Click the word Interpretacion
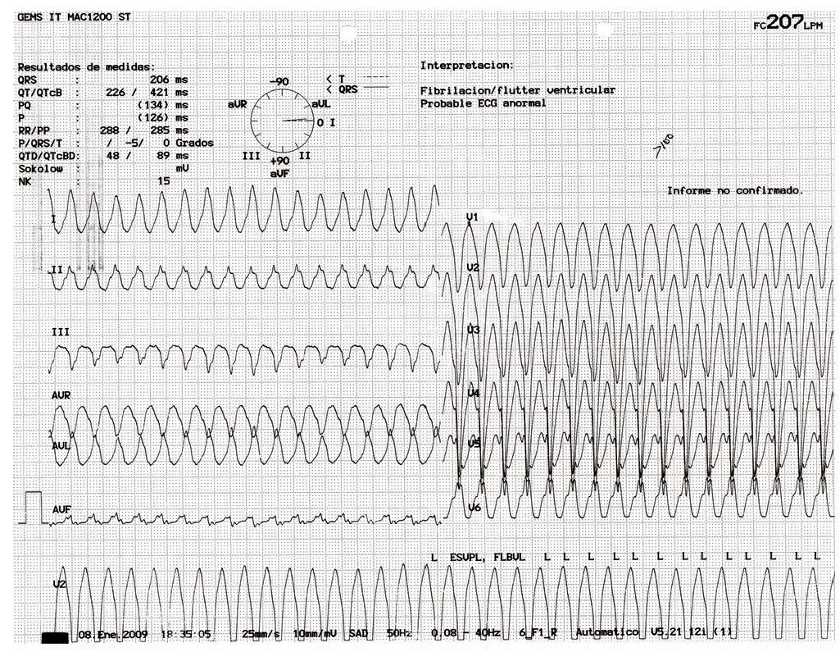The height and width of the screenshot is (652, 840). click(x=466, y=64)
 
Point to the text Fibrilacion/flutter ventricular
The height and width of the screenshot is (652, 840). click(x=517, y=90)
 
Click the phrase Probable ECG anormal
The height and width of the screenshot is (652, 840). click(x=483, y=103)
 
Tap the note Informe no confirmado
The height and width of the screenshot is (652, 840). click(x=735, y=190)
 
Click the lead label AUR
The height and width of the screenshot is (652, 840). click(x=61, y=395)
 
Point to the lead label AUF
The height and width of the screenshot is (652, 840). click(x=61, y=509)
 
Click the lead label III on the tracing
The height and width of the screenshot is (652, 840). click(x=61, y=332)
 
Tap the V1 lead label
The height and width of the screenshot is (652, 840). click(x=472, y=217)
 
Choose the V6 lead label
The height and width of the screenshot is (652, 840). click(x=474, y=508)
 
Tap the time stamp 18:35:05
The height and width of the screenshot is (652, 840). click(x=186, y=634)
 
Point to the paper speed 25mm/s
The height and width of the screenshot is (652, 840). click(x=263, y=634)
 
